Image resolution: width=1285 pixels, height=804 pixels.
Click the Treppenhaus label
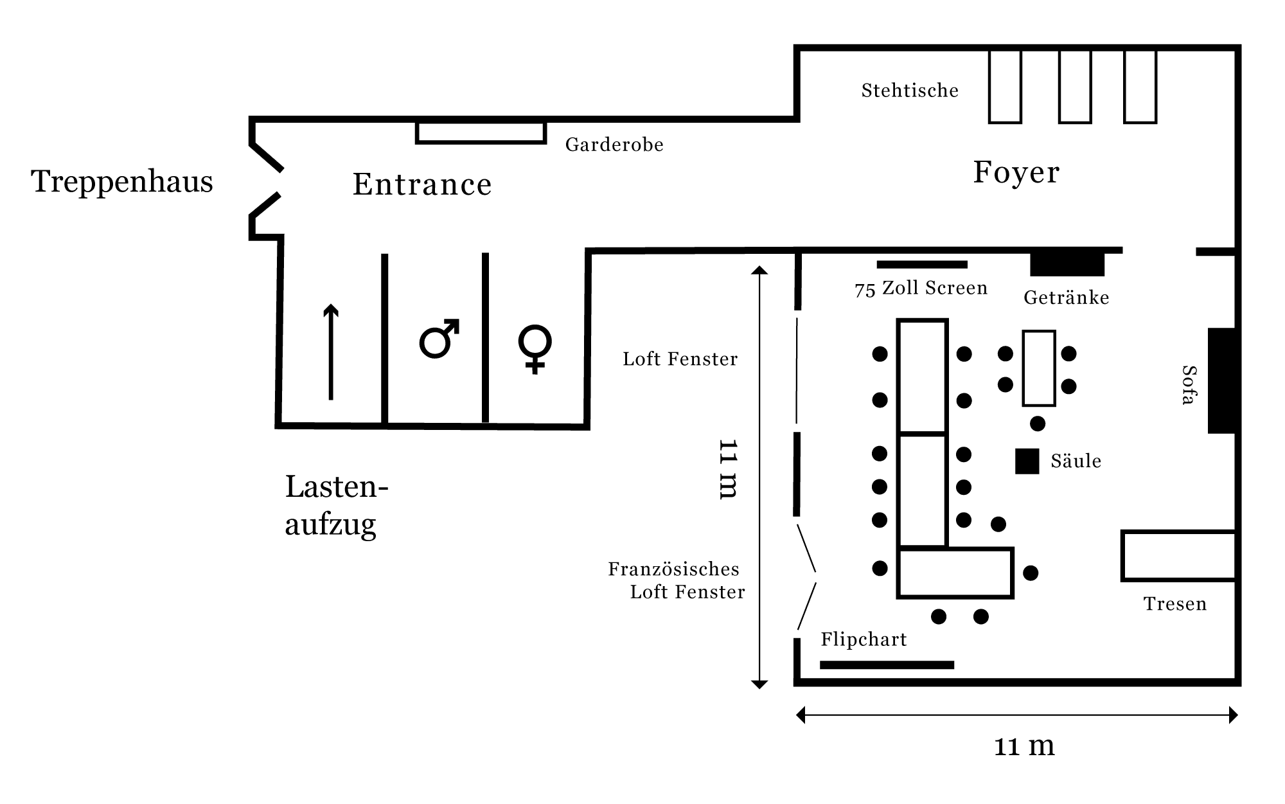tap(122, 182)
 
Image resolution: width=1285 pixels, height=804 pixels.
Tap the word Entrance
tap(422, 185)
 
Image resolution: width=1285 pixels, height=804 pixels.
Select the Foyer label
tap(1016, 172)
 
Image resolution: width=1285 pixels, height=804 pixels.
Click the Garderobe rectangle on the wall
tap(481, 132)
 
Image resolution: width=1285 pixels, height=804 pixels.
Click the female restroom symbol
tap(535, 348)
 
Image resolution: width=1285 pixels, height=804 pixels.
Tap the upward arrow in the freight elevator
tap(331, 352)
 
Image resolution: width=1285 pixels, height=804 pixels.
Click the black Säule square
tap(1027, 461)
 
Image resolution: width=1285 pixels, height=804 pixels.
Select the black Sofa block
tap(1221, 380)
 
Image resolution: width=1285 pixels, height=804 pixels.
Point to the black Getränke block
tap(1067, 264)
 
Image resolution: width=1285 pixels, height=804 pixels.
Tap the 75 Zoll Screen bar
tap(922, 265)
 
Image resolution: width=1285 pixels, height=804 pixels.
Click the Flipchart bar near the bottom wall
tap(887, 665)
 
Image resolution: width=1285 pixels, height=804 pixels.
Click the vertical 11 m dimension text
tap(728, 469)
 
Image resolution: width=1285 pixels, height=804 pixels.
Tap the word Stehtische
tap(910, 91)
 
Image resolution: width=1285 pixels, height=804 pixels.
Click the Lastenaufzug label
tap(336, 506)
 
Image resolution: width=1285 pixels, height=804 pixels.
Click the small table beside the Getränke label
tap(1039, 368)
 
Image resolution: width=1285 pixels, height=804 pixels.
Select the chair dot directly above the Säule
tap(1038, 424)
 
